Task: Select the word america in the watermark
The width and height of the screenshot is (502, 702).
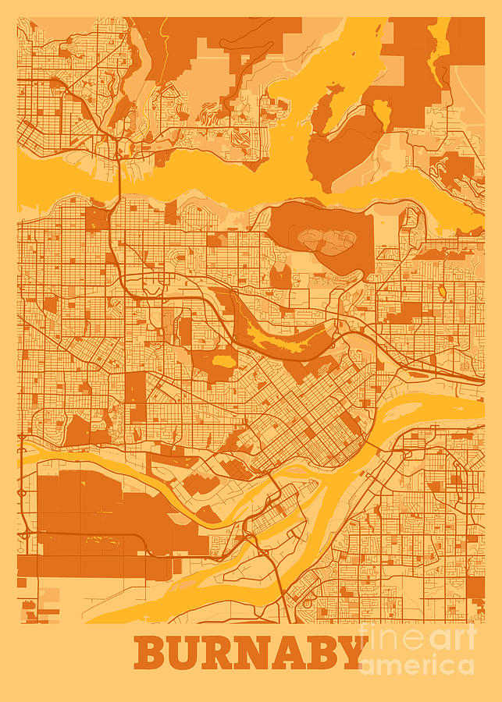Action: [x=417, y=665]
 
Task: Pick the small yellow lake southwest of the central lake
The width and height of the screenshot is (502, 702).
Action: [x=225, y=362]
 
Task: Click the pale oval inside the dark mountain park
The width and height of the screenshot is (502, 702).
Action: [x=325, y=240]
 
